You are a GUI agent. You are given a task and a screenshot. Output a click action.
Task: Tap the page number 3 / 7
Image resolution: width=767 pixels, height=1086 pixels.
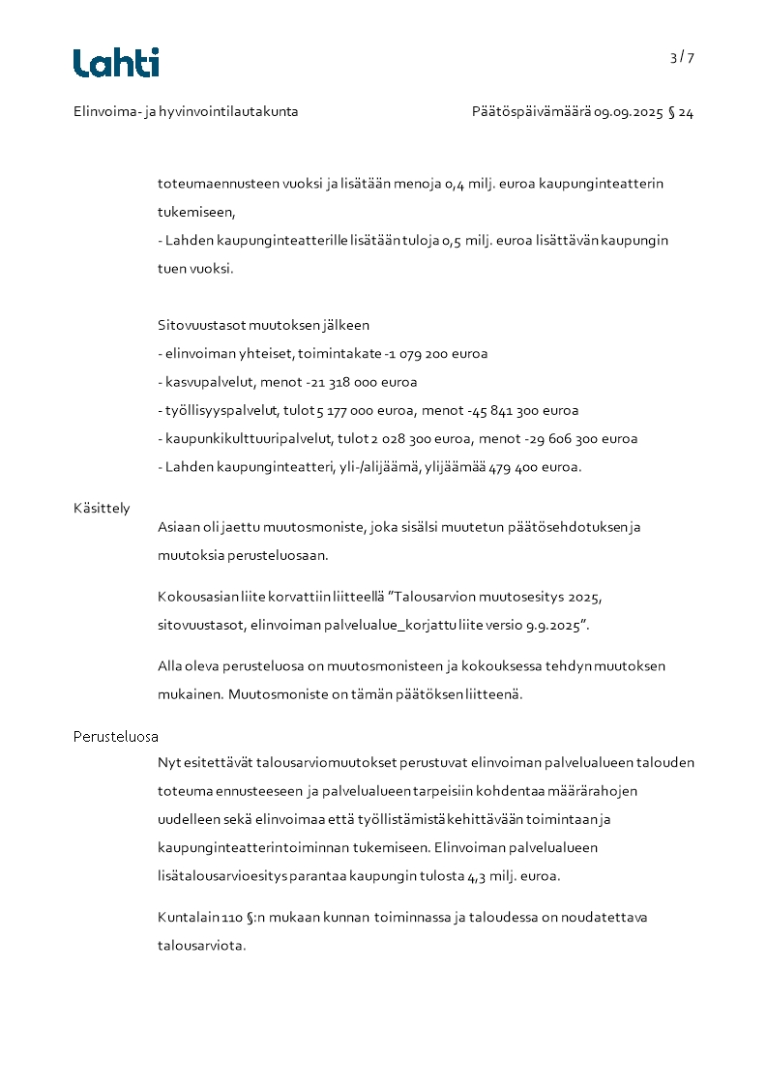point(682,57)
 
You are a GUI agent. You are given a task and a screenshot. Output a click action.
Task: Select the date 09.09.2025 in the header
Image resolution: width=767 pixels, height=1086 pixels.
point(629,112)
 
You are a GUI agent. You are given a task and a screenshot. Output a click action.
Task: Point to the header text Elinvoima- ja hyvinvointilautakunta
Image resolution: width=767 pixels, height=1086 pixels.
point(186,112)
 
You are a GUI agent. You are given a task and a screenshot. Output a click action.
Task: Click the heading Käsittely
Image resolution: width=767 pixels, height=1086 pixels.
point(102,509)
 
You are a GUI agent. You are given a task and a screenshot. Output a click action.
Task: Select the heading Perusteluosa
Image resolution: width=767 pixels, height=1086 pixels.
point(116,737)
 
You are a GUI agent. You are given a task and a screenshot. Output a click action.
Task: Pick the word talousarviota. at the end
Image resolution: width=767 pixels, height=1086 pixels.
point(202,946)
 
